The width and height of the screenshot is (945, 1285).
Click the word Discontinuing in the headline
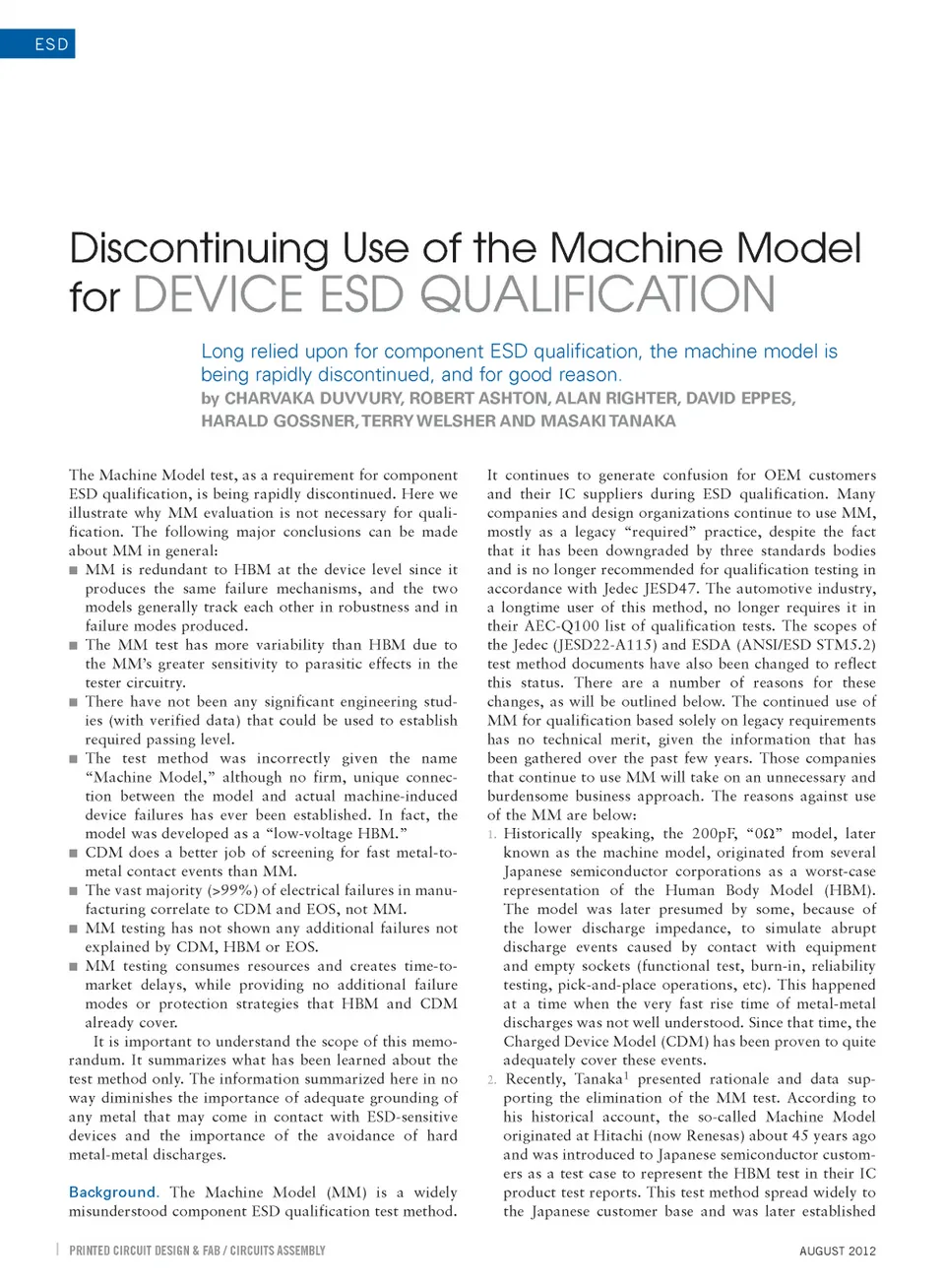[199, 249]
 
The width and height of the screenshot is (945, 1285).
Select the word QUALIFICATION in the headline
[598, 295]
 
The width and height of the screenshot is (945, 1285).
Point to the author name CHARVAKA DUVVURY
[313, 398]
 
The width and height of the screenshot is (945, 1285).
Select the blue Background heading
[112, 1192]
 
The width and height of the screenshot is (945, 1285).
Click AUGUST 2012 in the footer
[837, 1251]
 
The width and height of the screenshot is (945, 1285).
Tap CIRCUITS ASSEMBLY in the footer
[278, 1251]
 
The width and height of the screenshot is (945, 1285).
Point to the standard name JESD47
[671, 589]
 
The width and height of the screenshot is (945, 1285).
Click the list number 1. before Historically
[491, 835]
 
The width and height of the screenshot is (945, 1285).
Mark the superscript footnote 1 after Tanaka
[626, 1076]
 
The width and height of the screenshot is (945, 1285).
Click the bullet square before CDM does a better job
[74, 853]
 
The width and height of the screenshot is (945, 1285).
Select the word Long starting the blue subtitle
[221, 352]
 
